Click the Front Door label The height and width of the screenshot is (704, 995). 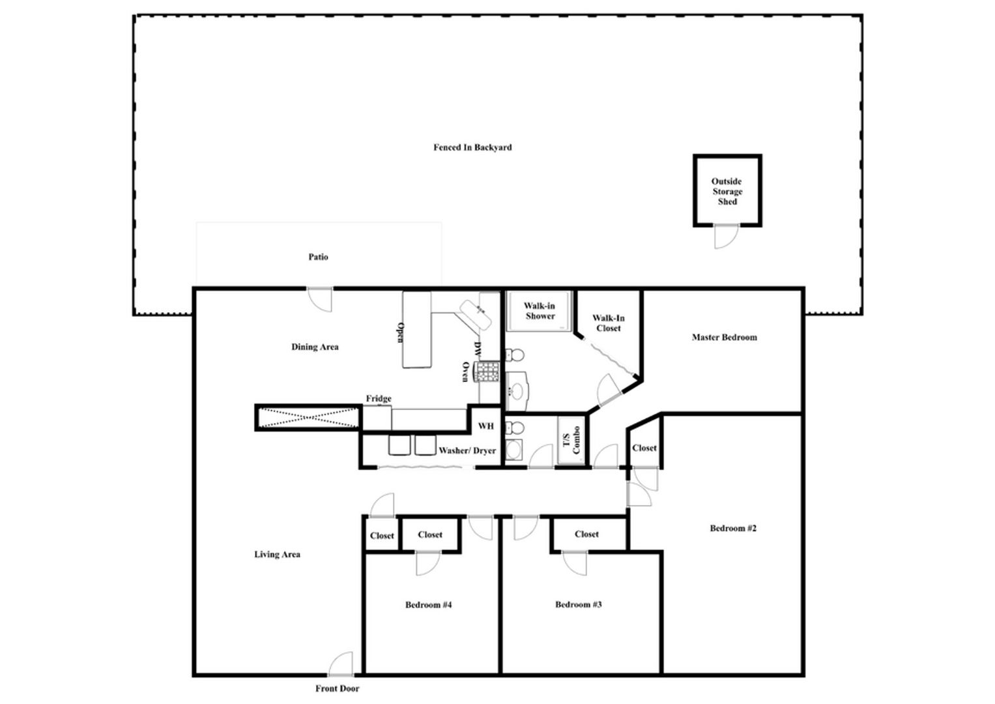337,688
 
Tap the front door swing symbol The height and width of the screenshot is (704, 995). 341,664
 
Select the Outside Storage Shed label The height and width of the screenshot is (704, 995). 727,191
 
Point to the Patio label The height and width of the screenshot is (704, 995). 318,257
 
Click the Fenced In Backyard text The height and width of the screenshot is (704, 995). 472,147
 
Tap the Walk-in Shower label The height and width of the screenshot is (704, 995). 540,311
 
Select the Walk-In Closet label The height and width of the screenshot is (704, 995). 609,323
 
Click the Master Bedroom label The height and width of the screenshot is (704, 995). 725,338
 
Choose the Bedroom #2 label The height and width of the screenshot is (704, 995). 733,528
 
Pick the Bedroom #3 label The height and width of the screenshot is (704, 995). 579,604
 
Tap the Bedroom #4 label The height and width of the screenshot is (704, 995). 428,605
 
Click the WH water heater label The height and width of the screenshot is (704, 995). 486,426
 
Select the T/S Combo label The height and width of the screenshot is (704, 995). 571,440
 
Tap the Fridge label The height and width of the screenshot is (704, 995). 379,399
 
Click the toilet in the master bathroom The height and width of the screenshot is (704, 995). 515,355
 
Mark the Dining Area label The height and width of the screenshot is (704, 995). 315,347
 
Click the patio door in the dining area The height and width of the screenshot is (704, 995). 320,300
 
